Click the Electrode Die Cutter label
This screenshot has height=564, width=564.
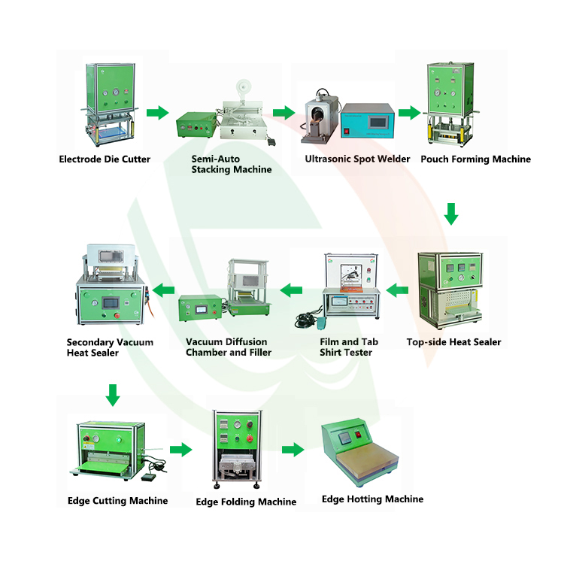[x=105, y=159]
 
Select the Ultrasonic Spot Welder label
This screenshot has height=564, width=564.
[x=357, y=159]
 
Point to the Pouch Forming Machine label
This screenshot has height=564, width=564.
[x=475, y=159]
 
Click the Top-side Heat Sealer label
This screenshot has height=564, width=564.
[x=453, y=342]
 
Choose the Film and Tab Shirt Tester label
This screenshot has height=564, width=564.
[x=349, y=347]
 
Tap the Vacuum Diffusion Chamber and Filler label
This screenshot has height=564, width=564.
[x=229, y=347]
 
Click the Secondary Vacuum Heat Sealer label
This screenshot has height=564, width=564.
[x=110, y=347]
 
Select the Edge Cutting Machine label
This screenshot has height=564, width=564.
[x=117, y=501]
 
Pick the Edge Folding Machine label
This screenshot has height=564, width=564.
[x=246, y=502]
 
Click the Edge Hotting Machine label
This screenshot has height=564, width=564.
[x=372, y=499]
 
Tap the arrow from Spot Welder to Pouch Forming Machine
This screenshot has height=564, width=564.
[x=408, y=113]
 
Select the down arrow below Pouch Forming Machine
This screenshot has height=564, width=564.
[x=451, y=214]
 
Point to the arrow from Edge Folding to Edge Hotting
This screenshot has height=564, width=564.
[x=293, y=450]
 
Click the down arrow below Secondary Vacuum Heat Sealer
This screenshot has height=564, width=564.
[x=113, y=393]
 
